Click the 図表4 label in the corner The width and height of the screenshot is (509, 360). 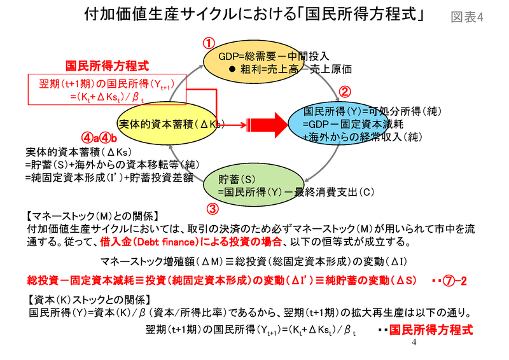click(x=467, y=17)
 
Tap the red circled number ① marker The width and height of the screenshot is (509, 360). click(x=209, y=43)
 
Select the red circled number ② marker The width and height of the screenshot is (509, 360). click(x=345, y=92)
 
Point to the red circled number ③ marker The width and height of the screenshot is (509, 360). click(x=213, y=209)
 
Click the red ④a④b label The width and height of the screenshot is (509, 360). click(x=99, y=139)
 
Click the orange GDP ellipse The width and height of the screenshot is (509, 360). click(x=249, y=62)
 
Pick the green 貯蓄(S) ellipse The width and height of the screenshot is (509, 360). click(x=254, y=184)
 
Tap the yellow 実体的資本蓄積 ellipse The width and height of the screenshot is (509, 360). click(x=167, y=123)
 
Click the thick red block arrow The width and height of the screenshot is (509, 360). click(x=268, y=125)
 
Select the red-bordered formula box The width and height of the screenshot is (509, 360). click(x=107, y=89)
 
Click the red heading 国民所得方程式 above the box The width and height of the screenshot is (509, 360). click(x=107, y=66)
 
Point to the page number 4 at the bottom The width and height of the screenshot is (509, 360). click(x=414, y=342)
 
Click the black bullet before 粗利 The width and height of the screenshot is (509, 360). click(x=232, y=69)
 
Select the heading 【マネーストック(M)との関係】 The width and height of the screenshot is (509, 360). click(x=93, y=216)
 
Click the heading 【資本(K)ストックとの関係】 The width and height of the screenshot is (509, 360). click(x=89, y=300)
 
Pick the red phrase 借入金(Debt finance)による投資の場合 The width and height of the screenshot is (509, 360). click(x=191, y=242)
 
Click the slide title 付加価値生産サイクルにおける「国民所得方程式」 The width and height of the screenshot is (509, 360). click(x=254, y=14)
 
